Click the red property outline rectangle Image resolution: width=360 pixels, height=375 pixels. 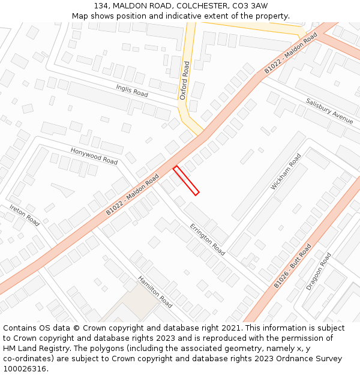(186, 180)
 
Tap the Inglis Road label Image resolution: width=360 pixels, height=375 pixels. (132, 91)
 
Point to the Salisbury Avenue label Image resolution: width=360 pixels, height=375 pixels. (329, 110)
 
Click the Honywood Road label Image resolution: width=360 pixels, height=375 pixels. (94, 156)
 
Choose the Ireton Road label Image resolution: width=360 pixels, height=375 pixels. (24, 215)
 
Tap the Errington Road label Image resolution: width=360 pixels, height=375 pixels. (207, 239)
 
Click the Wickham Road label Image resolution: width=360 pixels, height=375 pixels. (286, 172)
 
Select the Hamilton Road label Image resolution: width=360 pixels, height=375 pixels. (155, 292)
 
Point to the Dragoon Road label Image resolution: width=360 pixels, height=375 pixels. (319, 271)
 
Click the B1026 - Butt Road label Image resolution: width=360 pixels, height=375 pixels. (293, 266)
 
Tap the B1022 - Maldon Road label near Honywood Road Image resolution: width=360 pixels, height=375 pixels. (133, 194)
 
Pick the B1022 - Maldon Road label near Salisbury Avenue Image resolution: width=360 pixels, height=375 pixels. (291, 53)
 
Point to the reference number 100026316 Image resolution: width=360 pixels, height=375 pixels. (25, 369)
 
